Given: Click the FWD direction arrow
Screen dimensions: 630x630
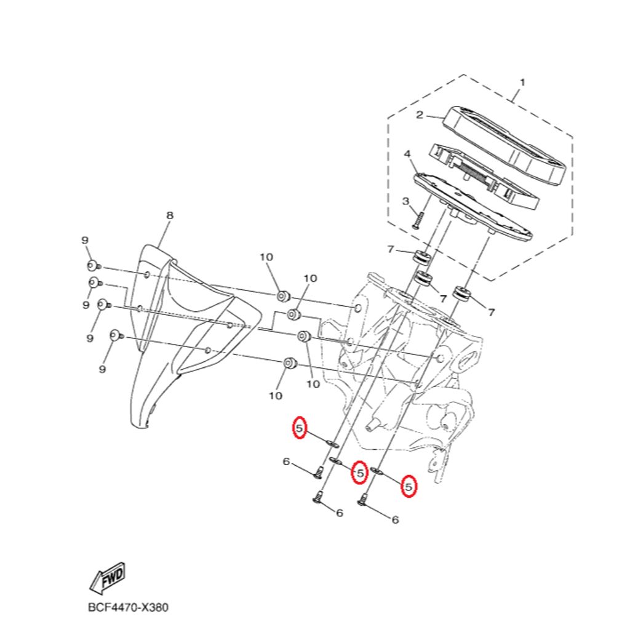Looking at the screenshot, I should point(107,577).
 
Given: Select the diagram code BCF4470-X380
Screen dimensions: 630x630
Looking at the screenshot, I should point(128,607).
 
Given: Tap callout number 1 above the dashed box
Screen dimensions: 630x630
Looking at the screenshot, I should point(522,82).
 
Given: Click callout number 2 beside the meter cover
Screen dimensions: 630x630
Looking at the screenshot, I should point(420,114).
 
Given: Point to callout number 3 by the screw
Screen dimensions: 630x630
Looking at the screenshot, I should point(405,201).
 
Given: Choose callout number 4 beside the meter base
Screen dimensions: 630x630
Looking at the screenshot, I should point(407,153).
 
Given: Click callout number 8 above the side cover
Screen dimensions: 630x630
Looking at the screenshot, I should point(170,215).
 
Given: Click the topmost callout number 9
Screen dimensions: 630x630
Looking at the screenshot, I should point(86,240).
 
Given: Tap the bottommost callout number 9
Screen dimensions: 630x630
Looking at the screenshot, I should point(102,369).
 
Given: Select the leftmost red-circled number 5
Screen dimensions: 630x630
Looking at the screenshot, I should point(299,428).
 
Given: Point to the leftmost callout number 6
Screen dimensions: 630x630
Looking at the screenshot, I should point(286,461).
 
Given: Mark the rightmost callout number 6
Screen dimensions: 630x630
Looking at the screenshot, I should point(395,520).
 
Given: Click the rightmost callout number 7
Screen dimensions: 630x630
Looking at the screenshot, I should point(491,313).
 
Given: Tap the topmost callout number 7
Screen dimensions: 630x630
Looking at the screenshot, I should point(390,249).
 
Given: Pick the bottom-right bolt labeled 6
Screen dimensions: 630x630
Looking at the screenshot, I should point(362,501).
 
